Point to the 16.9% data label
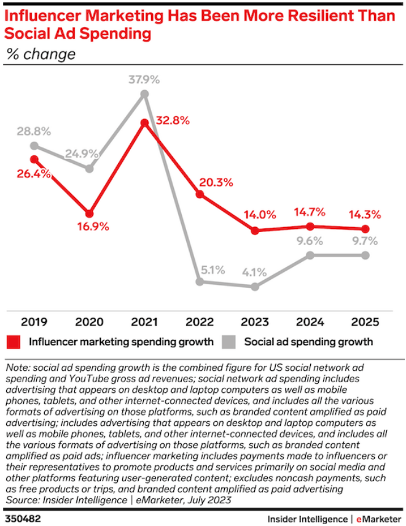pyautogui.click(x=90, y=227)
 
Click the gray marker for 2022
pyautogui.click(x=200, y=282)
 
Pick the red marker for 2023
pyautogui.click(x=255, y=231)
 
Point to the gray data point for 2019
pyautogui.click(x=34, y=145)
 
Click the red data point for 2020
pyautogui.click(x=90, y=214)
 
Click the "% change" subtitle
pyautogui.click(x=41, y=54)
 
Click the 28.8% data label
pyautogui.click(x=34, y=132)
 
